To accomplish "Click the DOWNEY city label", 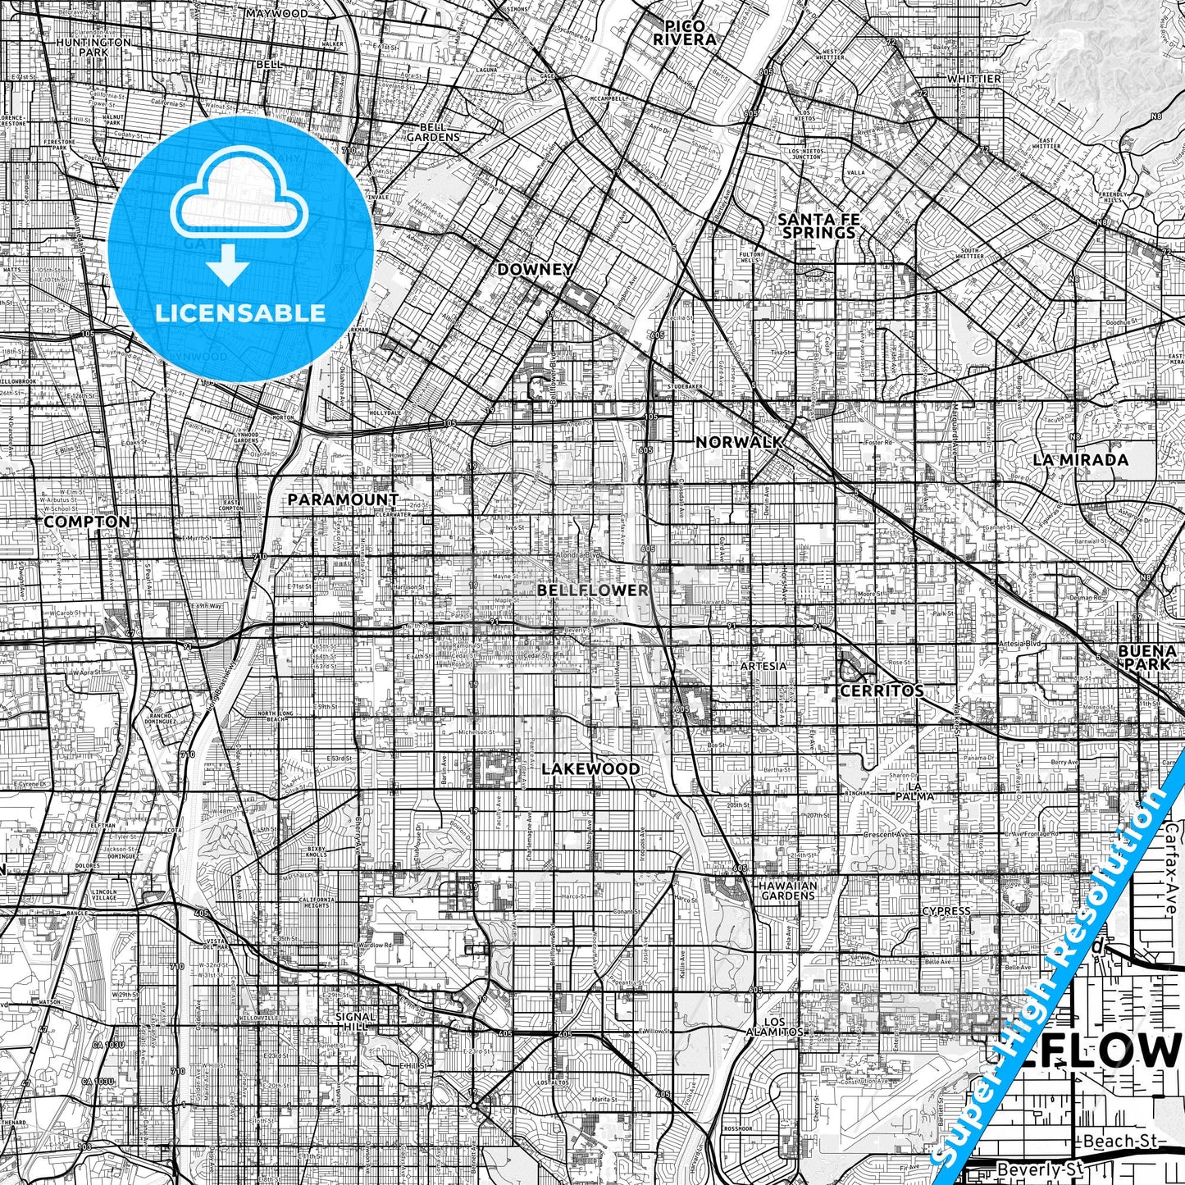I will click(536, 269).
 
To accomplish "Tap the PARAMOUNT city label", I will click(343, 499).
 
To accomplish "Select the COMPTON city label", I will click(87, 522).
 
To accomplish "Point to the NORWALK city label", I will click(738, 442).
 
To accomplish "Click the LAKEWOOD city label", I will click(590, 768).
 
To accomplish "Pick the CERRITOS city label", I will click(882, 690).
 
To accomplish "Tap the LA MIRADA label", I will click(1080, 459).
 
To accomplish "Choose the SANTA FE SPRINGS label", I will click(818, 226).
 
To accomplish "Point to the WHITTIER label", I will click(974, 79).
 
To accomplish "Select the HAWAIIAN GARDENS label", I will click(786, 891).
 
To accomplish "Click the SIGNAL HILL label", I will click(355, 1021).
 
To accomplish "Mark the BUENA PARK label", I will click(1146, 657).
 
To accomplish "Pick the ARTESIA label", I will click(763, 666).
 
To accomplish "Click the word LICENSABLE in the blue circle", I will click(240, 312).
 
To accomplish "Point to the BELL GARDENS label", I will click(433, 132).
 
